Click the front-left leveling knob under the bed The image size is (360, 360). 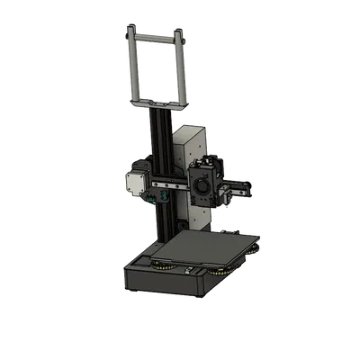(161, 265)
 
